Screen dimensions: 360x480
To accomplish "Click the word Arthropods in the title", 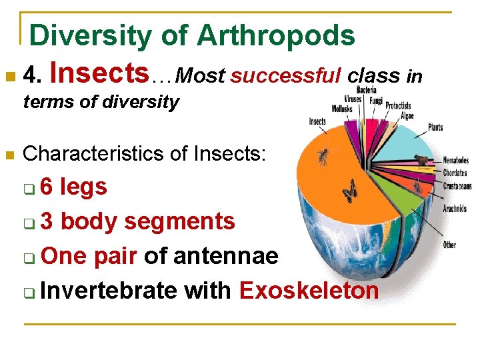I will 276,35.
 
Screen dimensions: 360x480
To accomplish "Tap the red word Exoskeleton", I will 309,291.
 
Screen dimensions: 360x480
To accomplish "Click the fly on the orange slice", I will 323,157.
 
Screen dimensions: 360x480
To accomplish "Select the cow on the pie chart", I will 421,160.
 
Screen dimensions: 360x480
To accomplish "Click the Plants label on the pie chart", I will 435,127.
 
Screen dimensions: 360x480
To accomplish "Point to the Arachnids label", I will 455,209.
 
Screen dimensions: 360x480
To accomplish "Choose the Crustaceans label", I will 457,187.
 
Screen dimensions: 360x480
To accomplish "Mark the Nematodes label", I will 456,161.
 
